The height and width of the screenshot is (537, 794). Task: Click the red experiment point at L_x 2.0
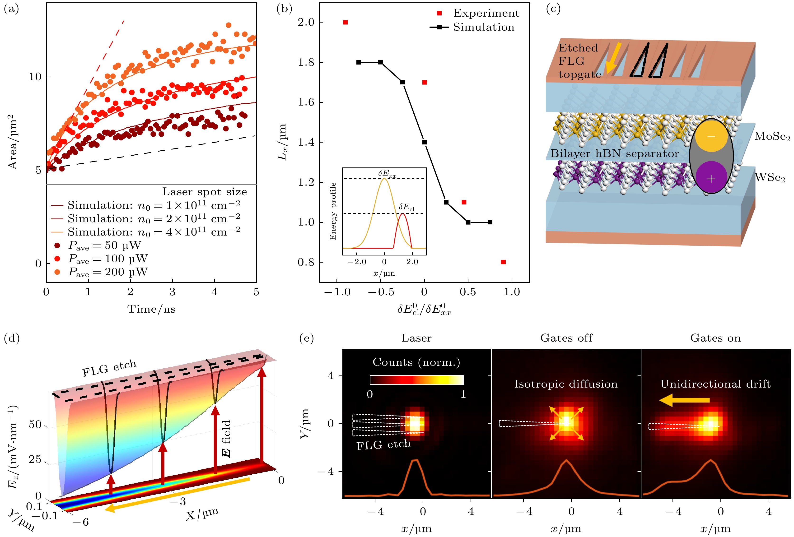[346, 23]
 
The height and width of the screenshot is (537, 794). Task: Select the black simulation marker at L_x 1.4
[424, 142]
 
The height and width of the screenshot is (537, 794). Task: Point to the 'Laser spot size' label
[204, 192]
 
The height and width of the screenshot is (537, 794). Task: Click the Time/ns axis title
[151, 309]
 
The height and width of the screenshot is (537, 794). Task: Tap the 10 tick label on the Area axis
[35, 77]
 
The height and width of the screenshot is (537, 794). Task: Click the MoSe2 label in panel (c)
[772, 137]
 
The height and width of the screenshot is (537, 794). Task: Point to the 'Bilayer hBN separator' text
[614, 154]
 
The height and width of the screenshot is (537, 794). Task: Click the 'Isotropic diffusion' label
[566, 384]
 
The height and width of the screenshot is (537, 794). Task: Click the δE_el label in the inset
[406, 207]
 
